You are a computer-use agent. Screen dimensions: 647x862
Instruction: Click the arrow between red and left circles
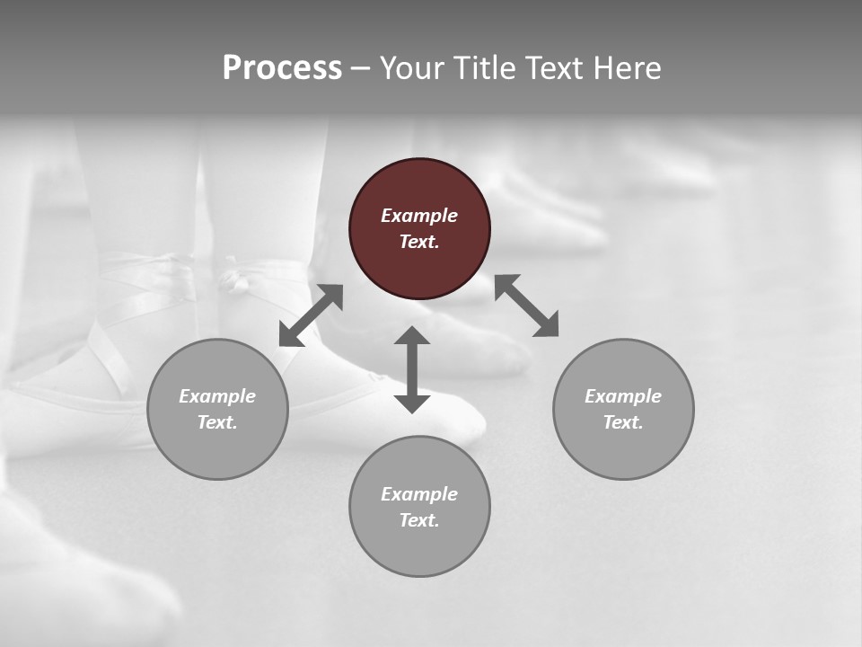(311, 315)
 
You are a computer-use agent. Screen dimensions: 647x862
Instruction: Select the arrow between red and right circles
(527, 306)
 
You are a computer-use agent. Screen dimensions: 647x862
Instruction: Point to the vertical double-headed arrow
(412, 369)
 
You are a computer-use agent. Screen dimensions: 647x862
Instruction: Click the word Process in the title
(282, 67)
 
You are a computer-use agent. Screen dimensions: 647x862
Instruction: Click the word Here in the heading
(628, 67)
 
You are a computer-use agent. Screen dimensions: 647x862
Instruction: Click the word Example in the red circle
(419, 216)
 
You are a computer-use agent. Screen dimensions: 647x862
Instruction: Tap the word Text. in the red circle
(419, 242)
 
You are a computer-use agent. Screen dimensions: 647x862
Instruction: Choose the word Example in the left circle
(217, 396)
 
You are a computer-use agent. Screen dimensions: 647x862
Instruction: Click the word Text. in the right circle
(623, 422)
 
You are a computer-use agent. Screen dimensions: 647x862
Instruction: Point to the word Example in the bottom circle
(419, 494)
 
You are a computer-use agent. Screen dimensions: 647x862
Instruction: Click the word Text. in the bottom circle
(419, 520)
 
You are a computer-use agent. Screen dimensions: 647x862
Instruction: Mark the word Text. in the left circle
(217, 422)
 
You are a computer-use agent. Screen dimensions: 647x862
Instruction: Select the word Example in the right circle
(623, 396)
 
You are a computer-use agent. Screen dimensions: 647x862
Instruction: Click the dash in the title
(360, 68)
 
